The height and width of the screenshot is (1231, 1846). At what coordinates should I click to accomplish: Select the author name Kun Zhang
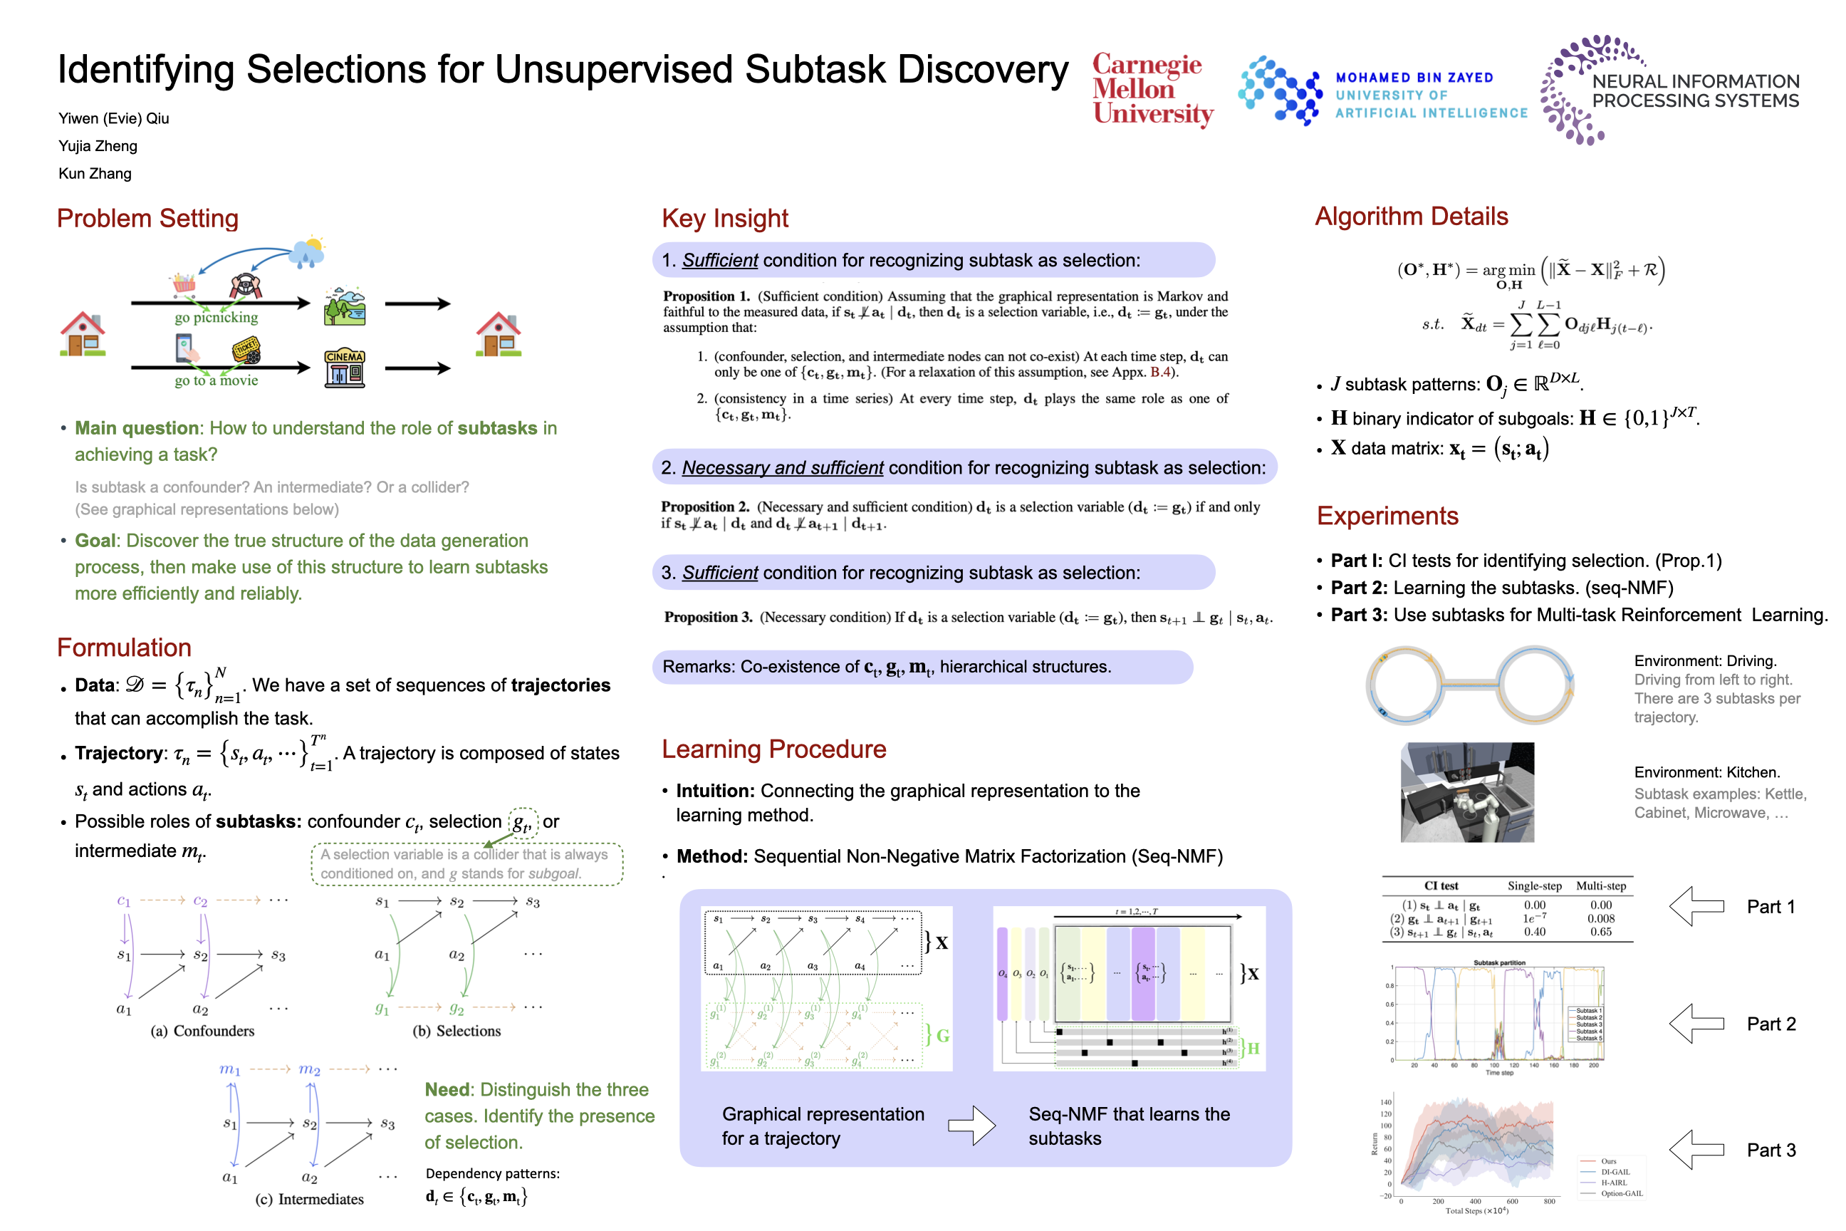tap(95, 174)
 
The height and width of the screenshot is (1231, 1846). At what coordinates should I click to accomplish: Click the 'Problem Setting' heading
tap(147, 218)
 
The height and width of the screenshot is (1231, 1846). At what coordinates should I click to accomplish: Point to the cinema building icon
tap(345, 368)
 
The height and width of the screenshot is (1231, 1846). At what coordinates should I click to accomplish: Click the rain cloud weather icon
tap(307, 253)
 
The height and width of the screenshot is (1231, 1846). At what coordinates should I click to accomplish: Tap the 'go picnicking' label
tap(216, 317)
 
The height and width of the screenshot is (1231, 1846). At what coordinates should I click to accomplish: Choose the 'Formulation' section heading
tap(124, 647)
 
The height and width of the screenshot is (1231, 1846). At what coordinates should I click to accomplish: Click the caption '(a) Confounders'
tap(202, 1031)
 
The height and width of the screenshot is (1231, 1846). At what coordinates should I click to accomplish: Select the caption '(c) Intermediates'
tap(309, 1199)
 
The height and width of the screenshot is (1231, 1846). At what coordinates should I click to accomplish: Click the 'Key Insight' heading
tap(724, 218)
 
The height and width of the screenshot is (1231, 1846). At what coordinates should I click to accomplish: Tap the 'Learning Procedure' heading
tap(773, 749)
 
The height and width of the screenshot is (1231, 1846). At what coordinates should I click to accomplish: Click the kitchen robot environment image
tap(1467, 792)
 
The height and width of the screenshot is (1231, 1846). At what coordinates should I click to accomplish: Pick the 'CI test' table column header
tap(1441, 885)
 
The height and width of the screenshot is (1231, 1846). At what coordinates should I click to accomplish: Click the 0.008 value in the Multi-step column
tap(1600, 918)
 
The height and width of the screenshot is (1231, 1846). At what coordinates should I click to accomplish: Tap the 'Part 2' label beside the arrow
tap(1771, 1024)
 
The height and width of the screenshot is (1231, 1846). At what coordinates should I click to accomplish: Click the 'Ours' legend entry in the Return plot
tap(1608, 1161)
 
